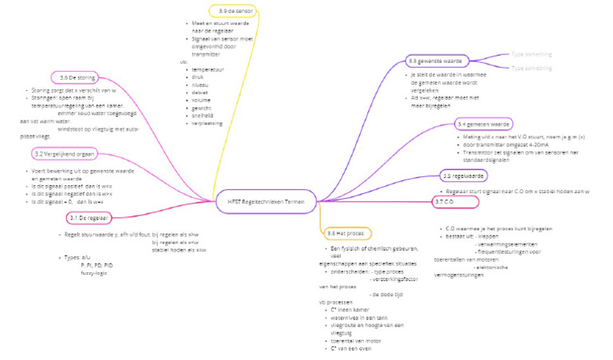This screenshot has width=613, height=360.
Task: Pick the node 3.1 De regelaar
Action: pyautogui.click(x=89, y=217)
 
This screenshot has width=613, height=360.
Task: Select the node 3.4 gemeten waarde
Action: pyautogui.click(x=484, y=125)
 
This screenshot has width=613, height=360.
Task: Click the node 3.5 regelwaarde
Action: pyautogui.click(x=464, y=175)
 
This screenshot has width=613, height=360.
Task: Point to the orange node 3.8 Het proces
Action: pyautogui.click(x=346, y=232)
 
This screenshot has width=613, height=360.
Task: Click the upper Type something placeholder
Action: pyautogui.click(x=531, y=54)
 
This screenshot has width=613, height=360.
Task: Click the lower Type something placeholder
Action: pyautogui.click(x=531, y=69)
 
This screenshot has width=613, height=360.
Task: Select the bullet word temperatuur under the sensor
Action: pyautogui.click(x=209, y=70)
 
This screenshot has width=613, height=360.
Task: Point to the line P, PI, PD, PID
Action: pyautogui.click(x=97, y=264)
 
